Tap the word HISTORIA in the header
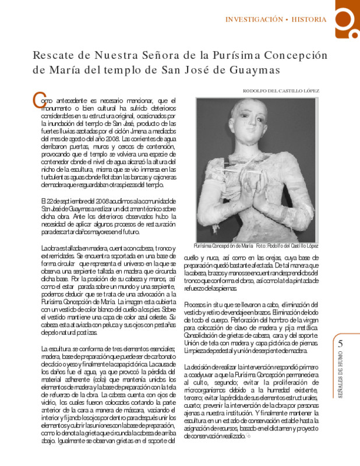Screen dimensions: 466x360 click(309, 19)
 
